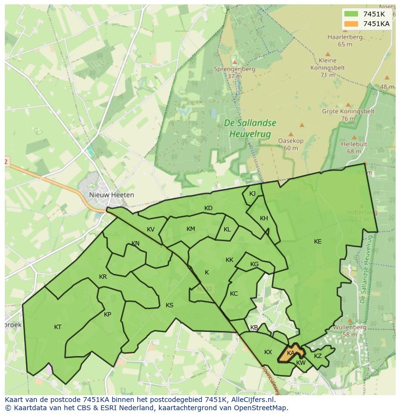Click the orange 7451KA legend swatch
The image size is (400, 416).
tap(352, 24)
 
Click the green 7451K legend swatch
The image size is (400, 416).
tap(352, 14)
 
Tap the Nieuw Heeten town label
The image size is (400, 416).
tap(112, 195)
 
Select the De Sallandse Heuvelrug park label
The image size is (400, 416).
tap(250, 128)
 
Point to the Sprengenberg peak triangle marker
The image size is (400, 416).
tap(235, 62)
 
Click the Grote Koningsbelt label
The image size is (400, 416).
tap(348, 115)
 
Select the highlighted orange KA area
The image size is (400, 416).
tap(290, 353)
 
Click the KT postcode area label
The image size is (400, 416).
tap(58, 327)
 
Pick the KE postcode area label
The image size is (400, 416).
tap(317, 242)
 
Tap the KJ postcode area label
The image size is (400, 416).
tap(252, 194)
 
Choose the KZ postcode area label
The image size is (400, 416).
tap(317, 356)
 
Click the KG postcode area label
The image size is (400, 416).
tap(254, 264)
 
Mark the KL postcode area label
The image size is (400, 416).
tap(227, 230)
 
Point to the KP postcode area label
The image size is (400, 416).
tap(107, 315)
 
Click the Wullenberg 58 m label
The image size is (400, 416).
tap(350, 330)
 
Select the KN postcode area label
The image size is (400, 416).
tap(135, 244)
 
